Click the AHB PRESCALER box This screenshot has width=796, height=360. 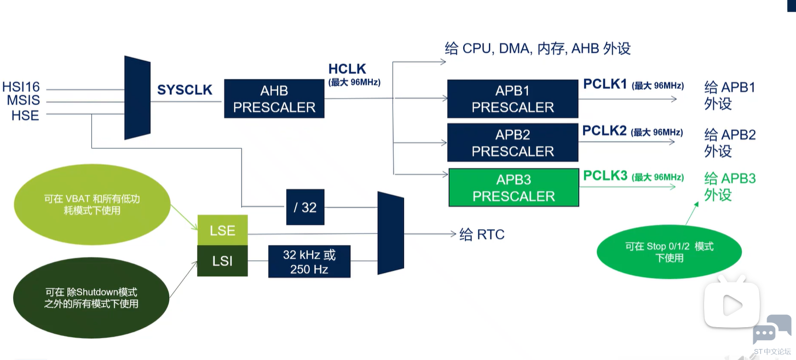coord(274,99)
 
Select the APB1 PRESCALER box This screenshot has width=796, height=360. coord(512,99)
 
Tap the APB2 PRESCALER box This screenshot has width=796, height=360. coord(512,143)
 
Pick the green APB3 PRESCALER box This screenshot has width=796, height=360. coord(514,188)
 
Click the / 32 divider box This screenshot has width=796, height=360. coord(305,207)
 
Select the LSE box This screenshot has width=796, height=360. coord(222,230)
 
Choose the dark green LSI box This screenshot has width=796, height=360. coord(222,261)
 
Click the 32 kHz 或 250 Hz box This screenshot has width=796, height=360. coord(309,262)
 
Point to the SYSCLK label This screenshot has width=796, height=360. coord(184,90)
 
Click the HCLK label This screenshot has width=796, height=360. coord(347,69)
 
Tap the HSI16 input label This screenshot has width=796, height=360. coord(21,87)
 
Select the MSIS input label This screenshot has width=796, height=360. coord(23,101)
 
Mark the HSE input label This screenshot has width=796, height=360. coord(25,115)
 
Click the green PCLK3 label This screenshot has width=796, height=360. coord(605,176)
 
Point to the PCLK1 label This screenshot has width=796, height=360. coord(604,84)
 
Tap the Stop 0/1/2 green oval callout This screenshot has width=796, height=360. coord(669,252)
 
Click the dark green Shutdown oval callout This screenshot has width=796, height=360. coord(91,298)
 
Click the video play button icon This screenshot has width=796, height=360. coord(731,305)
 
